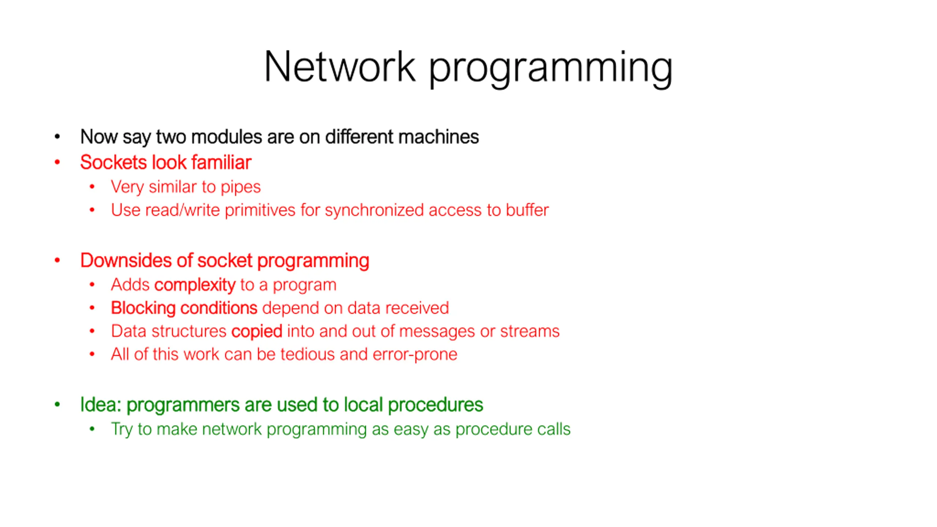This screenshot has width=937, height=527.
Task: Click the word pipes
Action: pyautogui.click(x=240, y=187)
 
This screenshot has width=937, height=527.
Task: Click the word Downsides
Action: pyautogui.click(x=126, y=261)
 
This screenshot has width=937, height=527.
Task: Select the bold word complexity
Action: pyautogui.click(x=195, y=285)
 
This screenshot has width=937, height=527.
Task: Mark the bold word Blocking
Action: pyautogui.click(x=143, y=308)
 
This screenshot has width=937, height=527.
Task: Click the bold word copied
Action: pyautogui.click(x=257, y=332)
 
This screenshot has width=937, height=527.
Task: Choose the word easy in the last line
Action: pyautogui.click(x=411, y=429)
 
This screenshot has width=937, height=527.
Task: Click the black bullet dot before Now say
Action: pyautogui.click(x=57, y=137)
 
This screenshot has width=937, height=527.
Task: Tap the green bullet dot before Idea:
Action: pyautogui.click(x=57, y=405)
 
